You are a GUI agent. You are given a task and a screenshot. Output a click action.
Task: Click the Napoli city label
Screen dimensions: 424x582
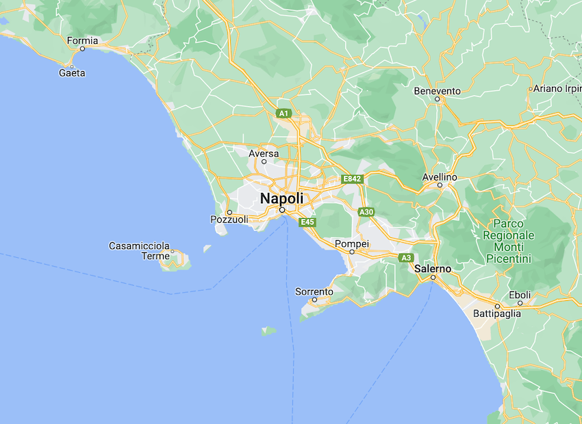pyautogui.click(x=281, y=198)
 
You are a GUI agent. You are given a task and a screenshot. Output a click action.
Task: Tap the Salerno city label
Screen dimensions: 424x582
pyautogui.click(x=433, y=269)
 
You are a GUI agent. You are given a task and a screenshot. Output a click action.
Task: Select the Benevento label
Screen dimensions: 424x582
pyautogui.click(x=438, y=90)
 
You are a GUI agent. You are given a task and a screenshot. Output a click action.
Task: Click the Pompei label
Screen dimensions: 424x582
pyautogui.click(x=352, y=244)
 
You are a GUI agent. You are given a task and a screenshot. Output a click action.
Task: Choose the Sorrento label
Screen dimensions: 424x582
pyautogui.click(x=314, y=291)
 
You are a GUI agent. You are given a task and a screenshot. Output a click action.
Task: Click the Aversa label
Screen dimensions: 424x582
pyautogui.click(x=264, y=153)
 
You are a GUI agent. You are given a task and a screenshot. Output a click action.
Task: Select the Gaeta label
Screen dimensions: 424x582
pyautogui.click(x=72, y=72)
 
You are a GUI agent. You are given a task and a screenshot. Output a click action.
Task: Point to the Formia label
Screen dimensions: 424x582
pyautogui.click(x=82, y=40)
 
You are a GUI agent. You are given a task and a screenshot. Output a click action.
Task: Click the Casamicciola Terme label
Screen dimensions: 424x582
pyautogui.click(x=140, y=251)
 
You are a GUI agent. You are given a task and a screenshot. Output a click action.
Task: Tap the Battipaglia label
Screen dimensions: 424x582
pyautogui.click(x=497, y=314)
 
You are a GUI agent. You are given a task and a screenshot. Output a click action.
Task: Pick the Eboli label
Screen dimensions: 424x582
pyautogui.click(x=520, y=295)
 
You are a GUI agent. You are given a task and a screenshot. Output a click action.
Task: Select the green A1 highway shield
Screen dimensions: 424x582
pyautogui.click(x=284, y=113)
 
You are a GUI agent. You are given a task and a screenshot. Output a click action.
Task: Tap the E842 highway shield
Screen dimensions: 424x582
pyautogui.click(x=352, y=179)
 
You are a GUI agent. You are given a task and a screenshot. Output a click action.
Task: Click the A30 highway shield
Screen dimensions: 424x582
pyautogui.click(x=366, y=212)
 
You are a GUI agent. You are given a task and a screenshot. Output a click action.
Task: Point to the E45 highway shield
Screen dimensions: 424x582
pyautogui.click(x=307, y=222)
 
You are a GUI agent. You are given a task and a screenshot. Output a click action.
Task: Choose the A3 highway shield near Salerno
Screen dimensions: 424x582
pyautogui.click(x=407, y=258)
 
